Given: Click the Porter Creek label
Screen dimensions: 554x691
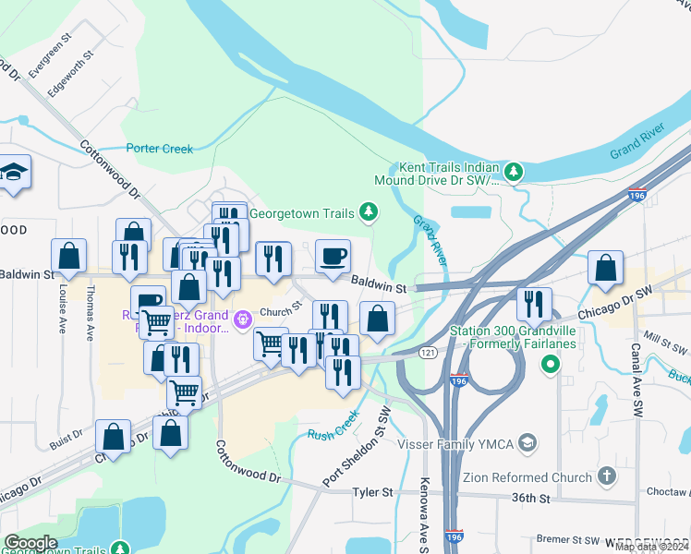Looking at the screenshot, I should pyautogui.click(x=160, y=148).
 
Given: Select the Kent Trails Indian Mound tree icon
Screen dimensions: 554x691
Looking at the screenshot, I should pyautogui.click(x=513, y=171).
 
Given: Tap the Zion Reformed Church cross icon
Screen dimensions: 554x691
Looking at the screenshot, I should pyautogui.click(x=606, y=476).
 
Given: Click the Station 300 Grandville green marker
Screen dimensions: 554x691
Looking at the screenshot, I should pyautogui.click(x=551, y=364).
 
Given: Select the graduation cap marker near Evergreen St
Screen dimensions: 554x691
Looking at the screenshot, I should pyautogui.click(x=14, y=173).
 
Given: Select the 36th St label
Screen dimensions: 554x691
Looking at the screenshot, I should pyautogui.click(x=531, y=499).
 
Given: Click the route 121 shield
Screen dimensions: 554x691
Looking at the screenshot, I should pyautogui.click(x=427, y=354).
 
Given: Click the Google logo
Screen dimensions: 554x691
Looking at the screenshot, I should pyautogui.click(x=30, y=543).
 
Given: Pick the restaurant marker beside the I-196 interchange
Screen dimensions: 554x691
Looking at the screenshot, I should pyautogui.click(x=533, y=304).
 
